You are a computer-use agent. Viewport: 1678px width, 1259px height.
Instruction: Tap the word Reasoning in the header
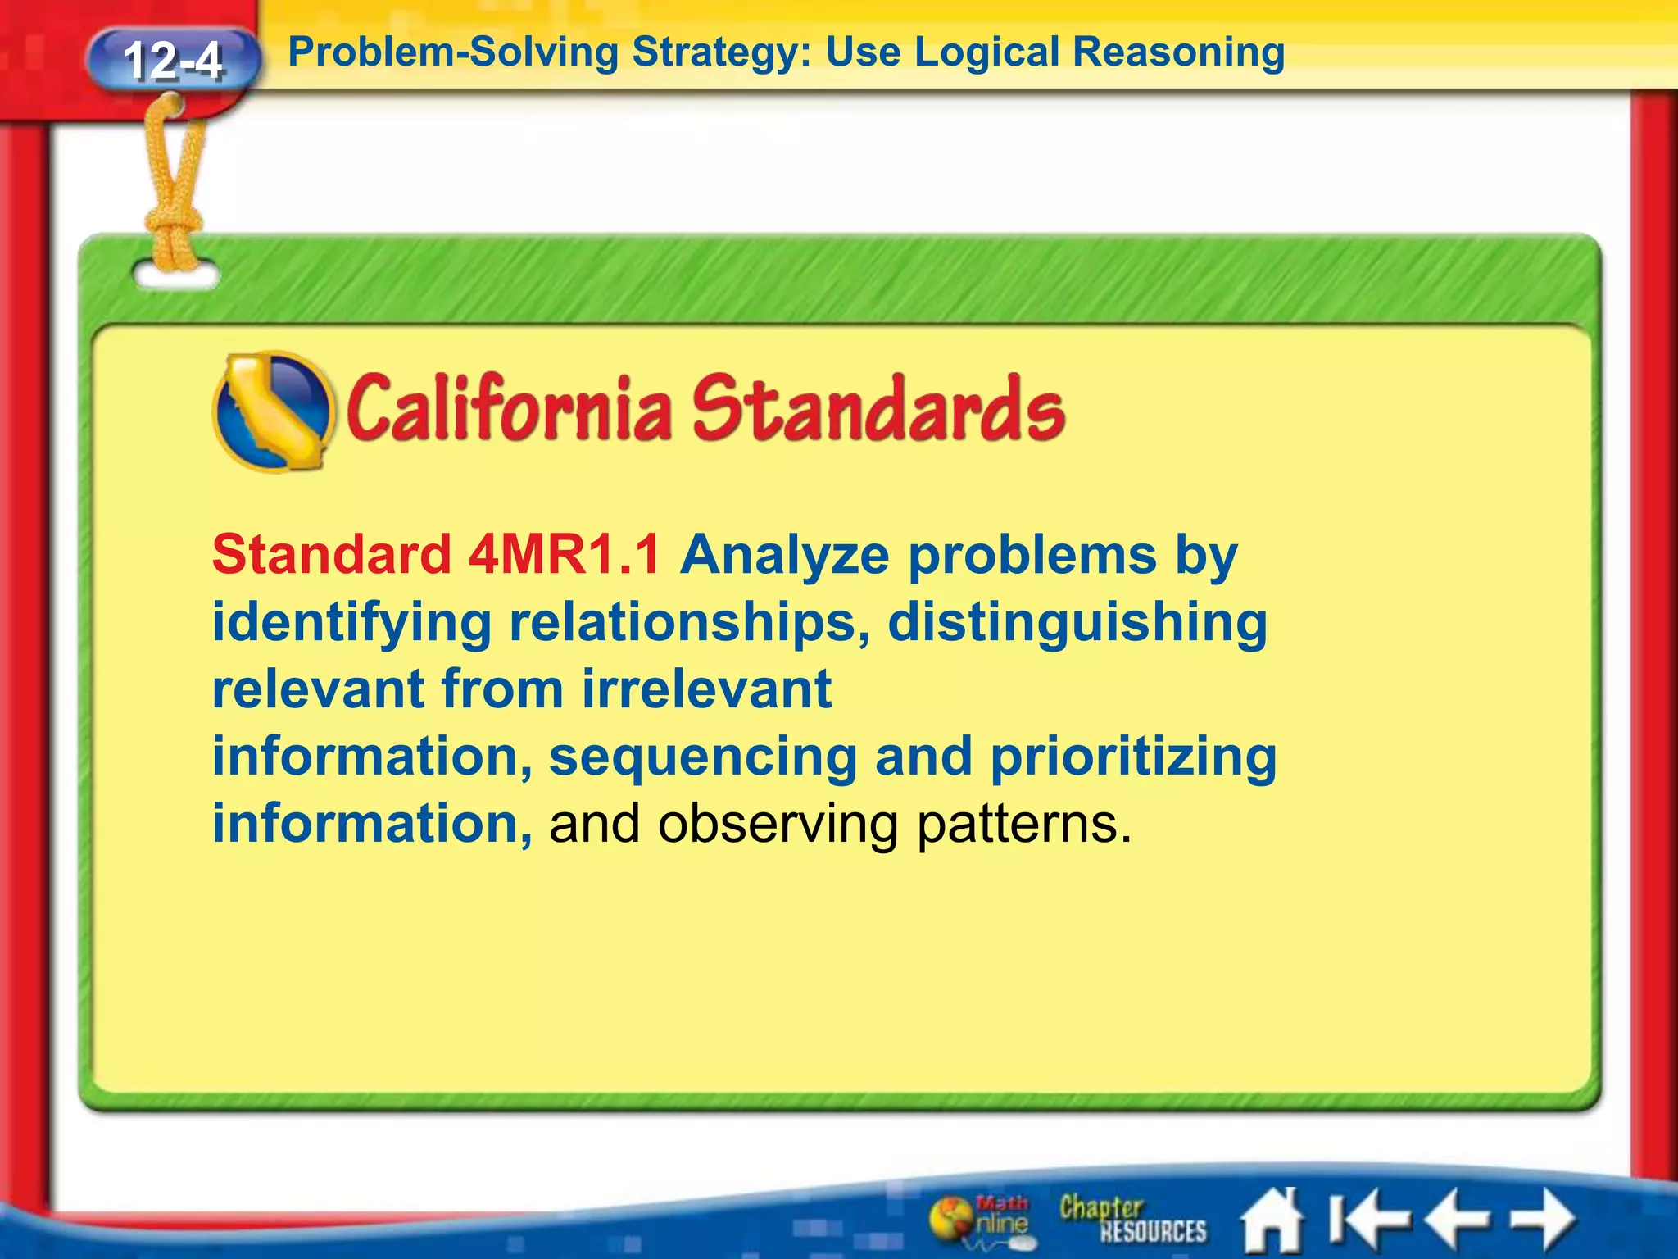[1178, 52]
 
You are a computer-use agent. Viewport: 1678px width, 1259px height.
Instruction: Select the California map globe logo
[274, 411]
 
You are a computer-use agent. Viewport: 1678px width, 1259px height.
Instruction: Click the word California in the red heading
[507, 408]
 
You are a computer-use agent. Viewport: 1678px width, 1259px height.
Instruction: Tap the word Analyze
[784, 555]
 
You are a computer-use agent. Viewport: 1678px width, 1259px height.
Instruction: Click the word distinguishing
[1077, 622]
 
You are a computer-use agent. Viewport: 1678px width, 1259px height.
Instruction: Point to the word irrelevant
[706, 689]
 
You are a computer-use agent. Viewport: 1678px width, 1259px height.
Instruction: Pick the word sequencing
[702, 756]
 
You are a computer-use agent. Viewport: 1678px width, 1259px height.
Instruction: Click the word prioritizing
[1133, 756]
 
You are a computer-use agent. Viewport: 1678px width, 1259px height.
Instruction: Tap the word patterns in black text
[1023, 823]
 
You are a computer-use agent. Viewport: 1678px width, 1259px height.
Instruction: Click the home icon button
[1272, 1220]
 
